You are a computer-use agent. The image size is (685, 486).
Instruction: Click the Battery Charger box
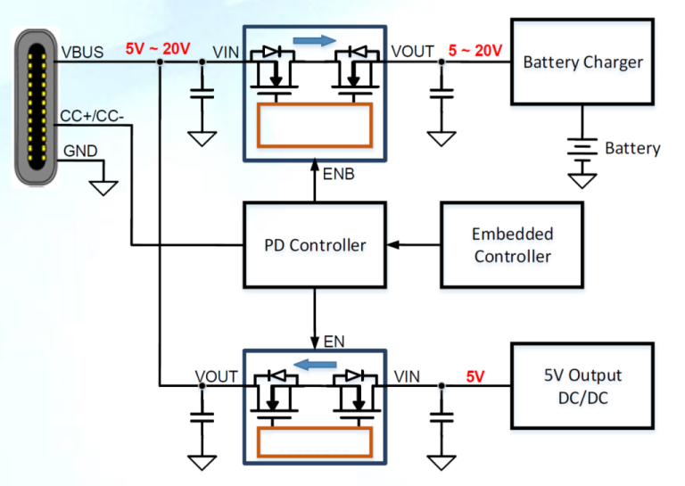(x=582, y=62)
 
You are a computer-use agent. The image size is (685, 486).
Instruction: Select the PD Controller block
(x=315, y=244)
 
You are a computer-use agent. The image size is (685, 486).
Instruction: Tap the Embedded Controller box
(x=512, y=244)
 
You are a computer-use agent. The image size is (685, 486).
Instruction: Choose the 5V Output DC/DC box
(x=582, y=385)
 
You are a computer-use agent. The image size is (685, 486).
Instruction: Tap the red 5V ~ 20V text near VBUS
(x=157, y=48)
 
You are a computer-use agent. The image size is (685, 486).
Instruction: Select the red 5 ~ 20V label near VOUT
(x=475, y=50)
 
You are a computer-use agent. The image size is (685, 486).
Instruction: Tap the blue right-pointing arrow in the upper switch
(x=316, y=39)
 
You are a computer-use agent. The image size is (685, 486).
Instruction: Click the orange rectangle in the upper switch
(x=315, y=124)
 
